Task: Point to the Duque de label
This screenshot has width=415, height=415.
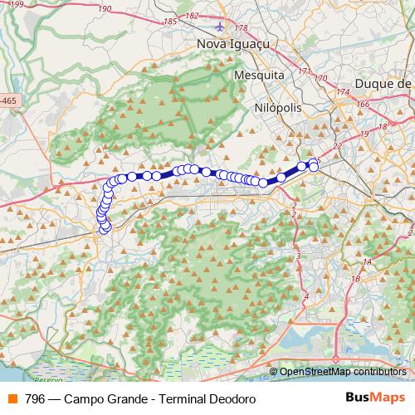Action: click(383, 83)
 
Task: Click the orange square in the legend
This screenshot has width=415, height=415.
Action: click(12, 399)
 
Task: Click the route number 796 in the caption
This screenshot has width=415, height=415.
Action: click(35, 399)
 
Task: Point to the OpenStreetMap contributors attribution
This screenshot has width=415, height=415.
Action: click(343, 373)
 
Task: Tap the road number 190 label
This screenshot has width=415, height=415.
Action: click(105, 7)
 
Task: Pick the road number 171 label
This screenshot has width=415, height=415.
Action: click(304, 71)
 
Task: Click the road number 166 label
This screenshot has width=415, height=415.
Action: click(362, 105)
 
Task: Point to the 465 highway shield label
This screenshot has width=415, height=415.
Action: click(7, 100)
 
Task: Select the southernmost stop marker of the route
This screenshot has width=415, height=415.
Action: click(105, 228)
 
